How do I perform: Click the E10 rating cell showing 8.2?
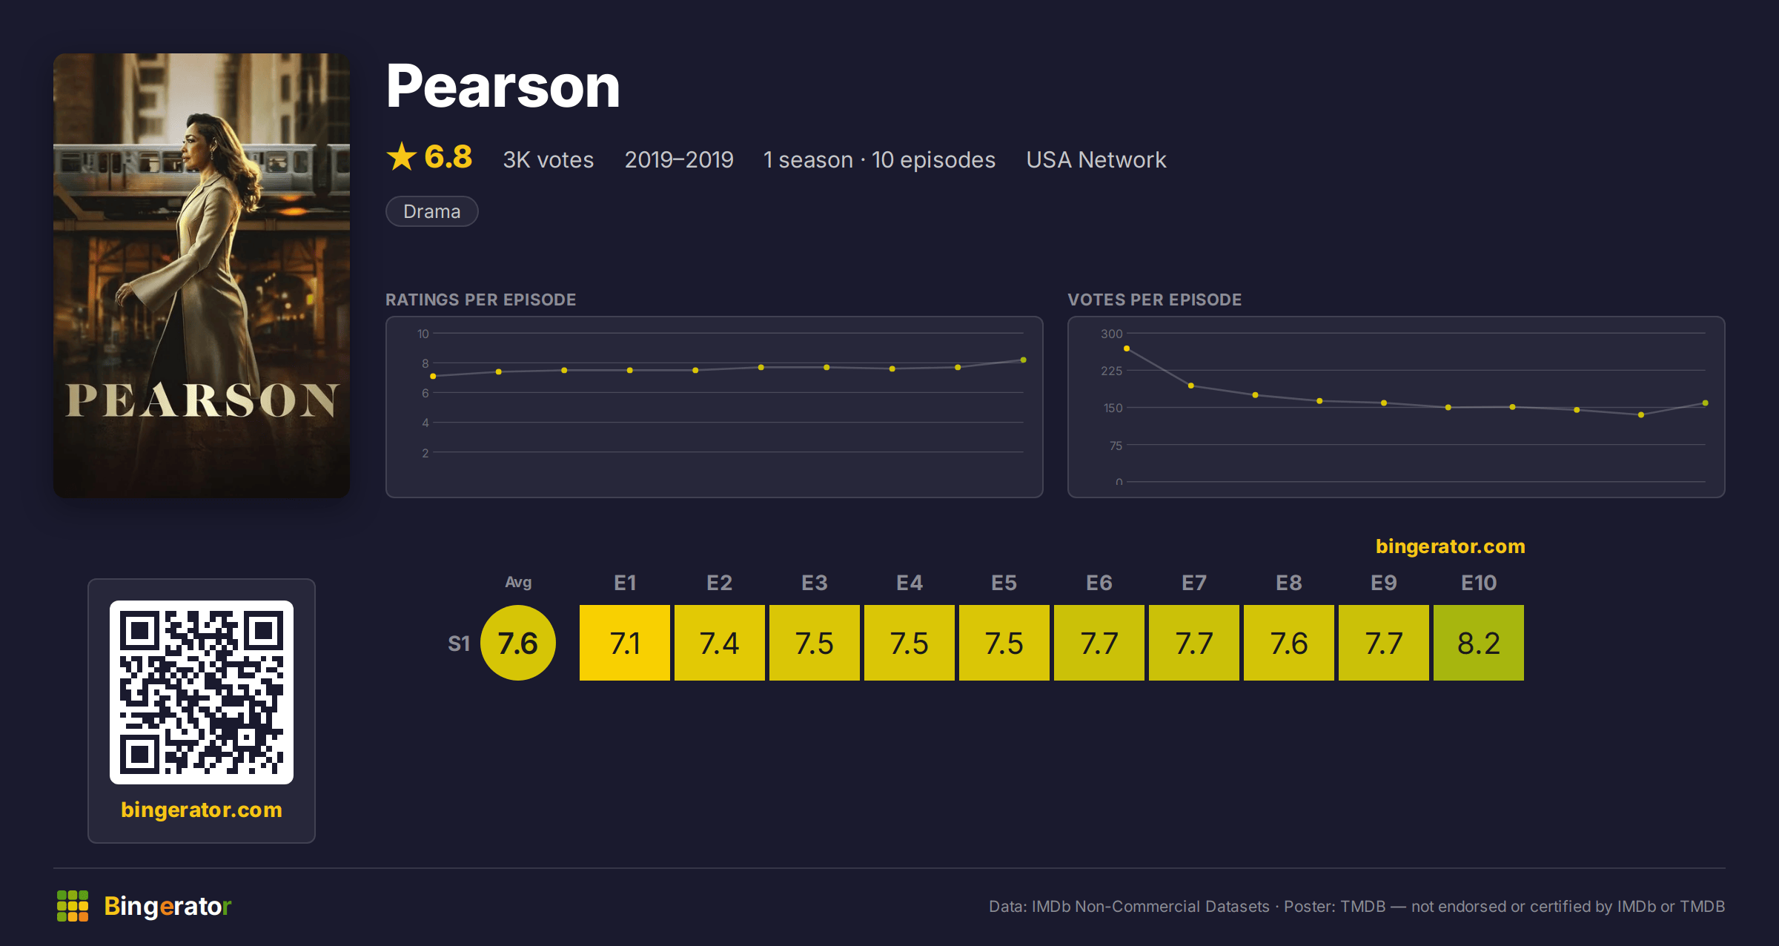(x=1478, y=643)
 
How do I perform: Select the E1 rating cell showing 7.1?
(x=624, y=643)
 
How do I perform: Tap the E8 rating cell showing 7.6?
(x=1288, y=643)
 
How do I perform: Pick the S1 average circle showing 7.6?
(x=518, y=643)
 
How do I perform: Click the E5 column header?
(x=1004, y=583)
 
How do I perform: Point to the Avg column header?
(x=518, y=583)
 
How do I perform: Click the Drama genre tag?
(x=432, y=211)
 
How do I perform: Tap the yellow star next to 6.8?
(x=402, y=156)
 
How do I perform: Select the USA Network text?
(x=1096, y=159)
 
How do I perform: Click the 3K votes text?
(x=549, y=159)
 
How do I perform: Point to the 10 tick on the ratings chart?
(x=423, y=334)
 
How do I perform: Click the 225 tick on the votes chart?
(x=1111, y=371)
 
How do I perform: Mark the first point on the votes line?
(x=1127, y=348)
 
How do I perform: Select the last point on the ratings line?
(x=1024, y=360)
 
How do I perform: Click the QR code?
(x=202, y=692)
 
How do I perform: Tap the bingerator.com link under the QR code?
(x=202, y=810)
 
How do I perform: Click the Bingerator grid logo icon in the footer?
(x=73, y=906)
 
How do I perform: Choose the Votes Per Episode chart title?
(x=1154, y=300)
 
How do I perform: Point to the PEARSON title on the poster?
(x=202, y=400)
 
